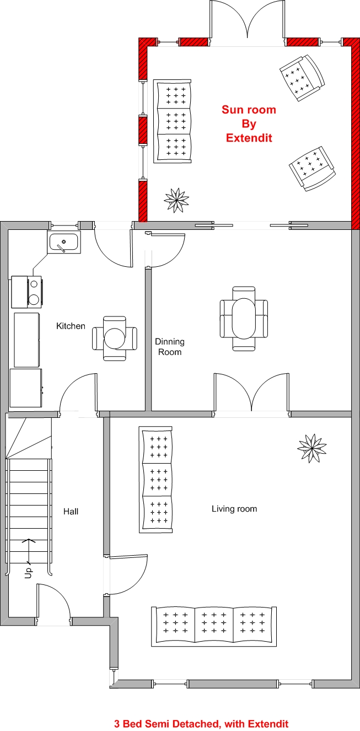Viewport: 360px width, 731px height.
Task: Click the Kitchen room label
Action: coord(71,326)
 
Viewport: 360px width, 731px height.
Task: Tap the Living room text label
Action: coord(234,508)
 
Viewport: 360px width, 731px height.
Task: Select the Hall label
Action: coord(71,511)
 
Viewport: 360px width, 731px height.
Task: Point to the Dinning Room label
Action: coord(170,347)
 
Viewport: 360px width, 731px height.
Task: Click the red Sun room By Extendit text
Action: coord(249,123)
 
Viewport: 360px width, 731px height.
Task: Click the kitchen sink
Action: coord(63,242)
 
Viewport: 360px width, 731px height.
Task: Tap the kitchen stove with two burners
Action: coord(27,292)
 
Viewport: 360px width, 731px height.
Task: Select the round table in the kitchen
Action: coord(114,338)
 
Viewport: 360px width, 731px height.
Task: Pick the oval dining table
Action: coord(244,318)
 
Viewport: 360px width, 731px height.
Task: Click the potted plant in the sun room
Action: coord(176,200)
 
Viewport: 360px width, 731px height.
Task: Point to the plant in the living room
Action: coord(311,448)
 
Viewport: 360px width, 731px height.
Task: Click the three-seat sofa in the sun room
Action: coord(173,121)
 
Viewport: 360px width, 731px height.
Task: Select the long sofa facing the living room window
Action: coord(214,626)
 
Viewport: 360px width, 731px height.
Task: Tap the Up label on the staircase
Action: coord(29,573)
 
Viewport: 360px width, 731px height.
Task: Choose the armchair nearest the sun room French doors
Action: coord(303,78)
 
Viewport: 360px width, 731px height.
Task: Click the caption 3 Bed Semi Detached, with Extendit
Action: coord(201,724)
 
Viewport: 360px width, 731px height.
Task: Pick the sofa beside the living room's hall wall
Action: coord(155,480)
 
